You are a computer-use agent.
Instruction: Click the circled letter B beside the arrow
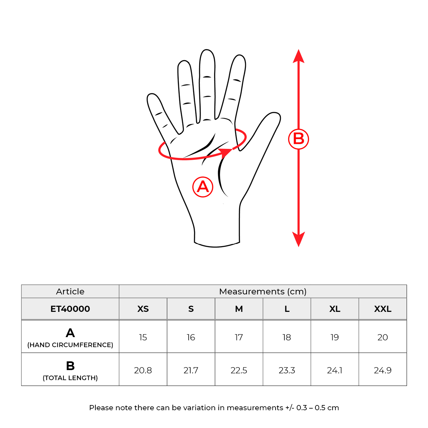(x=298, y=139)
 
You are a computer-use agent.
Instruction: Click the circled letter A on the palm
(x=203, y=187)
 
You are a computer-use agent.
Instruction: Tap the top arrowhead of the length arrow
(x=298, y=56)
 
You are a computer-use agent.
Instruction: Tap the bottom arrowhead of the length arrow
(x=298, y=239)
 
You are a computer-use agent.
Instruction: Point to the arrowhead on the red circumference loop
(x=225, y=153)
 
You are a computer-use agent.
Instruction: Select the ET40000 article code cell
(x=70, y=309)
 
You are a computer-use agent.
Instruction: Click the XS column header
(x=143, y=309)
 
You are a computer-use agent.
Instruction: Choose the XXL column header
(x=382, y=309)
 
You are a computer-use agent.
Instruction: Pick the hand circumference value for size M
(x=239, y=337)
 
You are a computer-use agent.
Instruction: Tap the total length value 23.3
(x=287, y=370)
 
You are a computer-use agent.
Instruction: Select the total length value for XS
(x=143, y=370)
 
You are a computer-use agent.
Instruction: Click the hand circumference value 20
(x=382, y=337)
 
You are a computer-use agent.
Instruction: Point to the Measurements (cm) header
(x=263, y=291)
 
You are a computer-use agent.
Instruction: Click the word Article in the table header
(x=70, y=291)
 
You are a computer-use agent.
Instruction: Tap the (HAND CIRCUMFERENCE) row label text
(x=70, y=345)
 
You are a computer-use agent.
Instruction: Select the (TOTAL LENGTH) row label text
(x=70, y=378)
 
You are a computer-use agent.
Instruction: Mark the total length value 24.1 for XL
(x=335, y=370)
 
